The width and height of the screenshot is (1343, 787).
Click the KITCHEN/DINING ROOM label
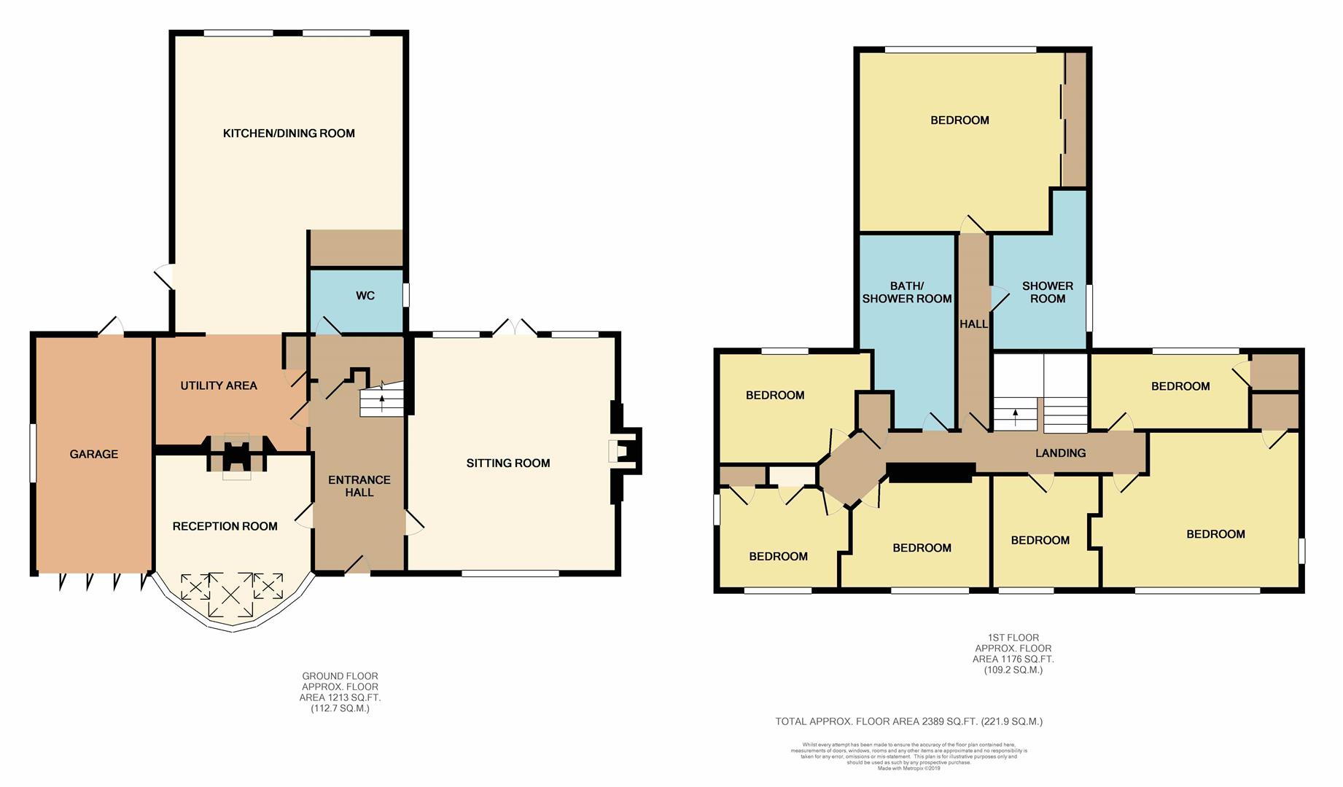(x=289, y=133)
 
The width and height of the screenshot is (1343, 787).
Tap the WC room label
(x=365, y=296)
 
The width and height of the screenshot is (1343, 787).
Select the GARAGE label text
(x=93, y=454)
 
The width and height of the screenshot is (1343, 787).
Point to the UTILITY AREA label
(x=219, y=385)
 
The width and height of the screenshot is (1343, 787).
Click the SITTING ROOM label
(x=508, y=463)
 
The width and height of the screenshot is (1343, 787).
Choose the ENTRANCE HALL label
(x=359, y=486)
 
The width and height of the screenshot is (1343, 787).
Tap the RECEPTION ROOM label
(x=225, y=526)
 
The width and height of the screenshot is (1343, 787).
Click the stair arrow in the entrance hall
(x=382, y=402)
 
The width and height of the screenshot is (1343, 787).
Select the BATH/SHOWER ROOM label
(x=907, y=292)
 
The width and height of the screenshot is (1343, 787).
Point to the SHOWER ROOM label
(x=1048, y=292)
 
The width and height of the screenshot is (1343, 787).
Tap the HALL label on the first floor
(x=973, y=324)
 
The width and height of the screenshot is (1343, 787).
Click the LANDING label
(x=1060, y=453)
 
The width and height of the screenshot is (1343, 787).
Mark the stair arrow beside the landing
(x=1016, y=417)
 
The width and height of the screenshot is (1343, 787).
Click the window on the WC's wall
(x=406, y=295)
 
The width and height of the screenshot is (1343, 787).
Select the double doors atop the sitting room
(x=515, y=328)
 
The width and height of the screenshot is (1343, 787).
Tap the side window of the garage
(x=33, y=453)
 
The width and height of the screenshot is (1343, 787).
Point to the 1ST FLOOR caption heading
(x=1013, y=638)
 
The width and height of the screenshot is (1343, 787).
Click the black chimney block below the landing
(x=931, y=472)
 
